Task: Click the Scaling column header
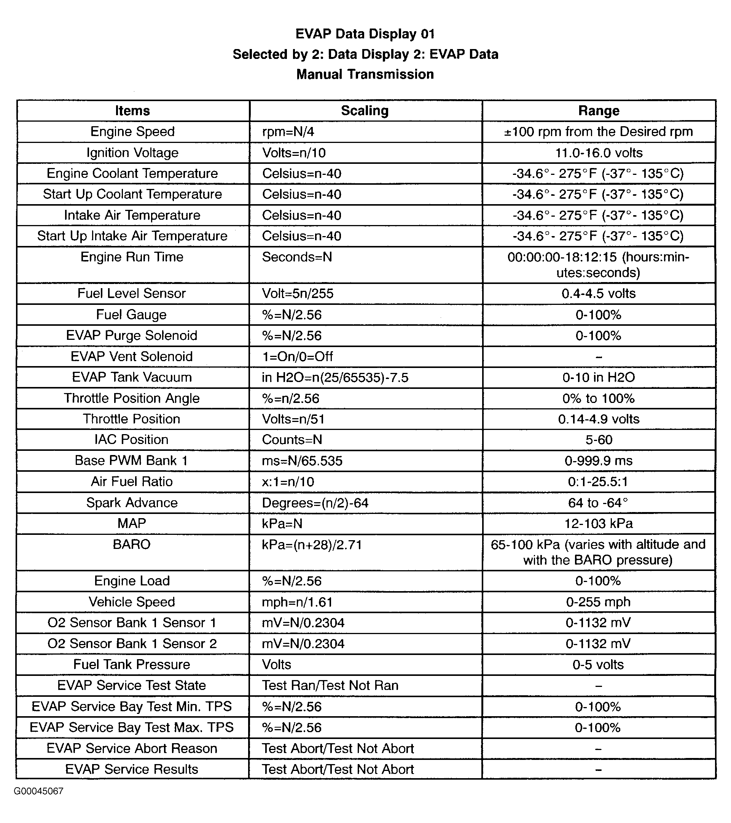point(365,111)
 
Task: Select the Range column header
point(599,111)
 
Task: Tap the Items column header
point(132,111)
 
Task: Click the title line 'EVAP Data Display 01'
point(365,34)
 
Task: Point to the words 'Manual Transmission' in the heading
point(365,75)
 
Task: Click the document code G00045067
point(39,791)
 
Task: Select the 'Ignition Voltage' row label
point(132,152)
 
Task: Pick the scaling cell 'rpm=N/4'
point(288,132)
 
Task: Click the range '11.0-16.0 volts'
point(599,152)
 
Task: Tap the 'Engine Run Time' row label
point(132,257)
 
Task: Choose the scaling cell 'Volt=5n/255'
point(298,293)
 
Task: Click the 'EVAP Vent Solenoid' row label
point(132,356)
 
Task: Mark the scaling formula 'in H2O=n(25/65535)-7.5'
point(335,377)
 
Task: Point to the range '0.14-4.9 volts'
point(599,419)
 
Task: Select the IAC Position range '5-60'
point(599,440)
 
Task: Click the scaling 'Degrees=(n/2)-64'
point(315,503)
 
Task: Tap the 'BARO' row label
point(132,544)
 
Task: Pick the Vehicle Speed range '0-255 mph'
point(599,602)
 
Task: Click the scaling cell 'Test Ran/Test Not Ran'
point(330,685)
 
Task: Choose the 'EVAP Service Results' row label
point(132,769)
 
